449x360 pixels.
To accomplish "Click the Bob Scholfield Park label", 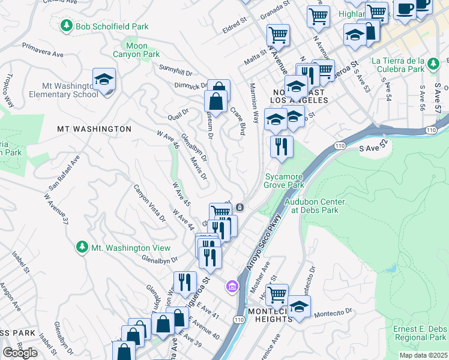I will click(112, 26).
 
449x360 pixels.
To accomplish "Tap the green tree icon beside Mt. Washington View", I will click(82, 247).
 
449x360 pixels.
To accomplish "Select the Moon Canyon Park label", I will click(136, 50).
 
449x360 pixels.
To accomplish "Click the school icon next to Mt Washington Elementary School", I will click(104, 80).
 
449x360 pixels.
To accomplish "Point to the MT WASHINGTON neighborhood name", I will click(94, 129).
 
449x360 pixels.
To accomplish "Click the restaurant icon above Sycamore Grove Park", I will click(281, 146).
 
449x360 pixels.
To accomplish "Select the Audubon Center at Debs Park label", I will click(312, 206).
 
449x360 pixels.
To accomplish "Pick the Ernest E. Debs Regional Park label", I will click(420, 334).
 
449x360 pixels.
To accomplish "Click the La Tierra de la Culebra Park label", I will click(406, 65).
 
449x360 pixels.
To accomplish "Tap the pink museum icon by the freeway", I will click(232, 287).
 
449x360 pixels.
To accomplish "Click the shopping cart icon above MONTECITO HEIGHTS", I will click(277, 294).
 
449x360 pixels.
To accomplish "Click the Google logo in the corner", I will click(20, 352).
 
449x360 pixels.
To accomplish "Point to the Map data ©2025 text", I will click(423, 355).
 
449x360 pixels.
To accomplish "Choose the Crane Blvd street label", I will click(238, 121).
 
